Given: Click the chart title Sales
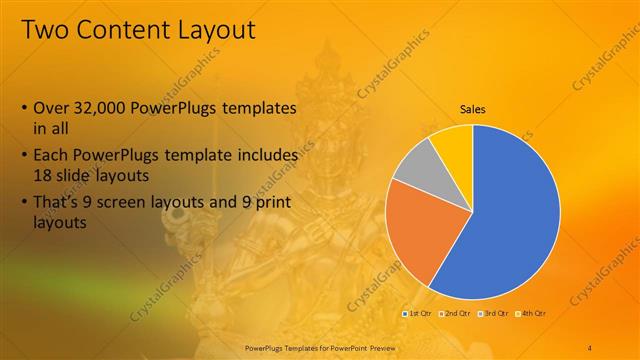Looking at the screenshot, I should (x=473, y=109).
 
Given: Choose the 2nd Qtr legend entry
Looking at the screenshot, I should (x=455, y=313).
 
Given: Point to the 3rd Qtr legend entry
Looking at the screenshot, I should (x=493, y=313).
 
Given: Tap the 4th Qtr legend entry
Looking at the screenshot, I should (x=530, y=313).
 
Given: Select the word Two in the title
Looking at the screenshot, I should (x=44, y=29).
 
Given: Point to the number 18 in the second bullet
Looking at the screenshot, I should (x=44, y=174).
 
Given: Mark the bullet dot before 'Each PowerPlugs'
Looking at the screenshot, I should (x=24, y=158).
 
